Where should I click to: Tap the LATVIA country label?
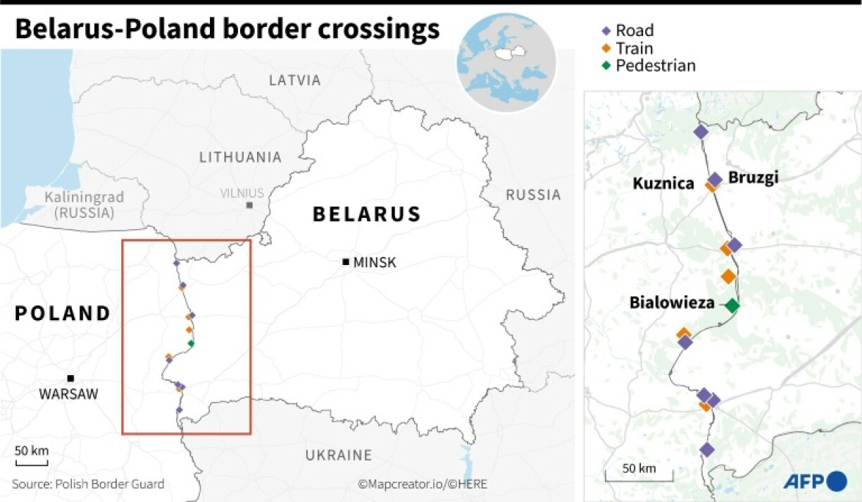(x=294, y=80)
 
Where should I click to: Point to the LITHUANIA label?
(x=240, y=157)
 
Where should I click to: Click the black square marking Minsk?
(x=345, y=262)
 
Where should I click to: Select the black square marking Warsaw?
(x=70, y=379)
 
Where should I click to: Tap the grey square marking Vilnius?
(x=249, y=205)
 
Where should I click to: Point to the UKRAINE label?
(x=338, y=455)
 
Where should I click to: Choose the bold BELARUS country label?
(x=367, y=214)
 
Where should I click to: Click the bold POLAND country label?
(x=63, y=314)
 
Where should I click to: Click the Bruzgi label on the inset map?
(x=753, y=177)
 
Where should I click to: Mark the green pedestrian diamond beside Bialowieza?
(x=732, y=305)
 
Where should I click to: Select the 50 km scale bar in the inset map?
(x=639, y=475)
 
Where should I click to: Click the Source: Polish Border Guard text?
(x=88, y=484)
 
